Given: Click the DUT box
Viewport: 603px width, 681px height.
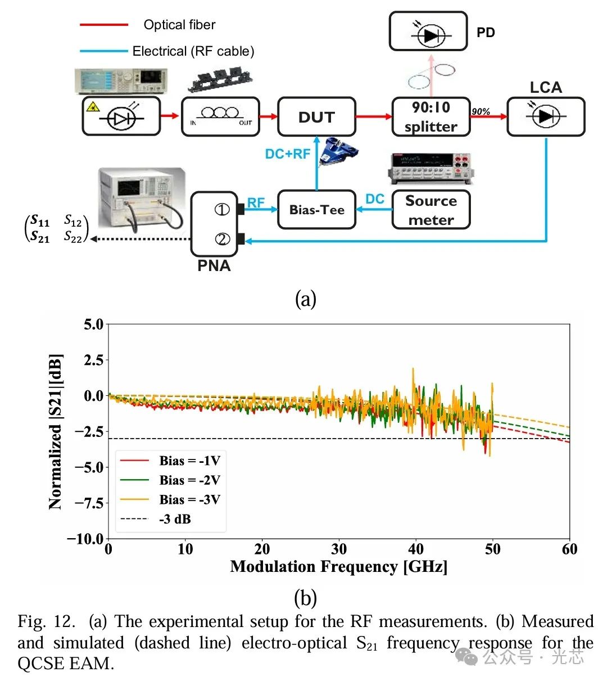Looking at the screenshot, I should [316, 117].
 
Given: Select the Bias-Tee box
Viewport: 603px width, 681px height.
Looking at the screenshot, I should [316, 210].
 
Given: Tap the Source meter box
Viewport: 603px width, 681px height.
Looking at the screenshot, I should [430, 210].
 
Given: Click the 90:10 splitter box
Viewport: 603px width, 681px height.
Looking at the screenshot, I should [430, 117].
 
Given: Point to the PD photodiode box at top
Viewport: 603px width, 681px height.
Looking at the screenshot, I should [428, 32].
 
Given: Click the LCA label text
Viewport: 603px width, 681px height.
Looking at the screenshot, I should [545, 87].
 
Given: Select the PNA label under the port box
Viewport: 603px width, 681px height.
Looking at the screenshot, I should [214, 265].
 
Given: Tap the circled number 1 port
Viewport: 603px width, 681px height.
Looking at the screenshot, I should [222, 210].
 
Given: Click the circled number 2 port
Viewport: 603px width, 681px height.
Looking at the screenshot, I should [222, 240].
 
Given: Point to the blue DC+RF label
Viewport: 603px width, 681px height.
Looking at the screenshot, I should [288, 154].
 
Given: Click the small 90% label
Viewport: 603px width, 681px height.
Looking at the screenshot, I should [480, 111].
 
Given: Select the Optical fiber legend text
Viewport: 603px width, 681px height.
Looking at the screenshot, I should [179, 25].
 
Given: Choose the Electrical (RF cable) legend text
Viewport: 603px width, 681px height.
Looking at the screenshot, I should [193, 51].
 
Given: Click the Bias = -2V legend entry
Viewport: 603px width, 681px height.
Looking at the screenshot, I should [189, 480].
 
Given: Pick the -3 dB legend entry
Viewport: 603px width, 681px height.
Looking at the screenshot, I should [175, 519].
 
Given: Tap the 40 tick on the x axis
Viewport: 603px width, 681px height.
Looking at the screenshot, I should [416, 549].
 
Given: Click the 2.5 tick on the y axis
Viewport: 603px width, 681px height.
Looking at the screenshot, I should [93, 360].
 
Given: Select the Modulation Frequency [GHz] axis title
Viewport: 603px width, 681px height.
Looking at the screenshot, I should [339, 566].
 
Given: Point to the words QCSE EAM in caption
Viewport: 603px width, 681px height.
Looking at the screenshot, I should [65, 664].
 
